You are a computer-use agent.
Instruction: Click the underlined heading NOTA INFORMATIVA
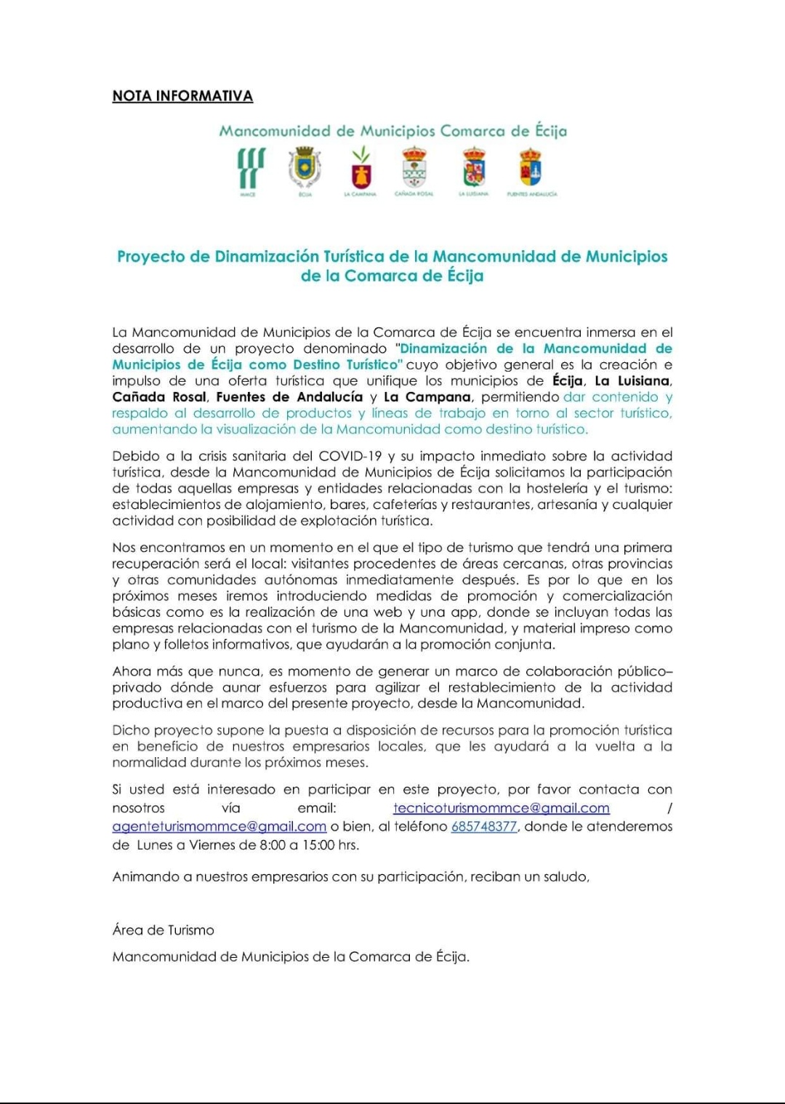(x=182, y=96)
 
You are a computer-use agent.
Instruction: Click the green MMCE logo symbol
(x=251, y=168)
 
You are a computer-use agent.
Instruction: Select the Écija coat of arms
(x=305, y=167)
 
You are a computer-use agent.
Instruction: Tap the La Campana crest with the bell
(x=361, y=168)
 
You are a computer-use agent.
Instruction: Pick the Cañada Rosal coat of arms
(x=414, y=167)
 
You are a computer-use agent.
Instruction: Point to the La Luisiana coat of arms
(x=474, y=167)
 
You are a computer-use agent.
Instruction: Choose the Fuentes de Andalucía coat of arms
(x=531, y=167)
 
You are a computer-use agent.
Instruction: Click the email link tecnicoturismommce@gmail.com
(x=501, y=808)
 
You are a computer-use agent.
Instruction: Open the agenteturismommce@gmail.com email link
(x=219, y=826)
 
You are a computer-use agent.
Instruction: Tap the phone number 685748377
(x=484, y=826)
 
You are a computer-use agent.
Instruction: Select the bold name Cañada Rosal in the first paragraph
(x=159, y=396)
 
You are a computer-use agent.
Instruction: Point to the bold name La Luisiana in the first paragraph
(x=632, y=380)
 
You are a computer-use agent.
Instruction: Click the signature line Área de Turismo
(x=164, y=929)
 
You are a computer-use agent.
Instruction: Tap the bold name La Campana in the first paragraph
(x=427, y=396)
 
